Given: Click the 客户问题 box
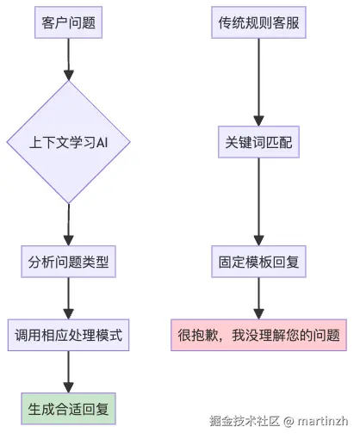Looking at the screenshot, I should (68, 23).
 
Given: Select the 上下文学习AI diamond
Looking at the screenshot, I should (68, 142).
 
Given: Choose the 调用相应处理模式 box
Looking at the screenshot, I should (68, 335).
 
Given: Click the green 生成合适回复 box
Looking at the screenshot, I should (68, 408).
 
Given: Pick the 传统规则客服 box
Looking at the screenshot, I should (258, 23).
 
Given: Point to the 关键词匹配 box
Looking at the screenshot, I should (258, 143).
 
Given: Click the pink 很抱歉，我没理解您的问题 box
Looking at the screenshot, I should (258, 335).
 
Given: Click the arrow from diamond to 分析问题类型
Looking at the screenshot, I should (68, 226).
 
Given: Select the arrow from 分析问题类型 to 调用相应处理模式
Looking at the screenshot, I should (68, 298).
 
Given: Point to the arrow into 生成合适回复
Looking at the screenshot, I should (68, 371).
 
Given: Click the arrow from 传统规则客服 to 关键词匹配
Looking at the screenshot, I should (258, 82).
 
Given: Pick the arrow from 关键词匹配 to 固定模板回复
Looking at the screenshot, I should (258, 202).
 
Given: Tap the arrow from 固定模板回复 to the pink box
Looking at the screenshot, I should (258, 298).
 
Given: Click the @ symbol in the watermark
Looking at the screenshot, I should (289, 421).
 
